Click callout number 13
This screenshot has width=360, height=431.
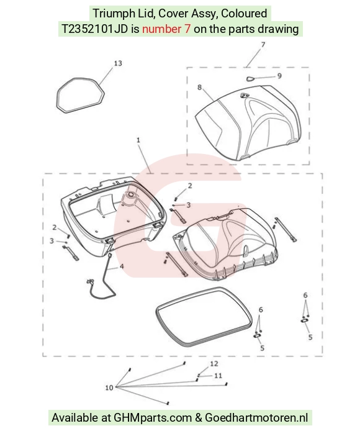118,63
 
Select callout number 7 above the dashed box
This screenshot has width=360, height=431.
263,45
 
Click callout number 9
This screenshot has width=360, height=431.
279,76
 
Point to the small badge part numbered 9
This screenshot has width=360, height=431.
250,79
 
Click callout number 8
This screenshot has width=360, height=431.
199,88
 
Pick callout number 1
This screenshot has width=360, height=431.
138,140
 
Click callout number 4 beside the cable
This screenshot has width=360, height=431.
121,266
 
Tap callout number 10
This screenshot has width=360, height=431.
109,388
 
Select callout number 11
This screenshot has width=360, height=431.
218,376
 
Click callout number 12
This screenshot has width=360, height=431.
214,364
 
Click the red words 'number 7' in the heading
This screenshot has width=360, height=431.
166,29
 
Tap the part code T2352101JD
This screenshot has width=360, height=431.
94,29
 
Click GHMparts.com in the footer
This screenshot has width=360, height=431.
153,418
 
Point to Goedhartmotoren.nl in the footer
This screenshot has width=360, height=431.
257,418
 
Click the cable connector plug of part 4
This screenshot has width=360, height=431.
89,282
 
